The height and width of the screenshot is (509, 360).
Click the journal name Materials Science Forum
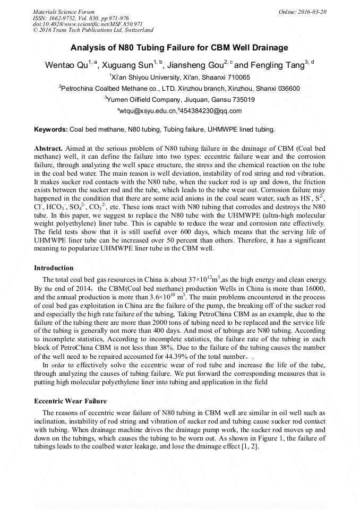[64, 11]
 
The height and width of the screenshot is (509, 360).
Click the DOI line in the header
[88, 24]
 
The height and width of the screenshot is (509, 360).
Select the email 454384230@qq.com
[211, 111]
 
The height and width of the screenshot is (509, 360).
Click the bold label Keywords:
[51, 130]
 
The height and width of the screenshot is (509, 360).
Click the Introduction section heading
[54, 268]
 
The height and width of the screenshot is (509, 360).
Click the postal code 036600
[286, 89]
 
